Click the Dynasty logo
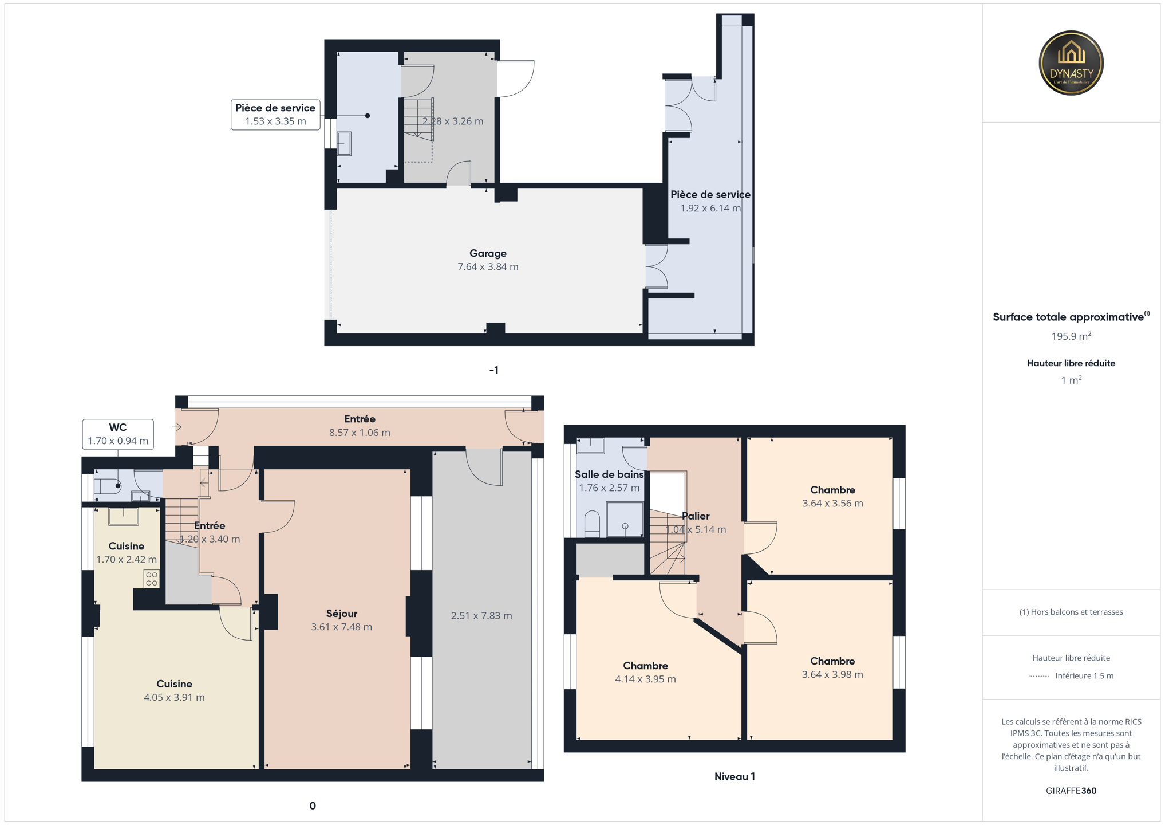click(1071, 63)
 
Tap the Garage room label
click(488, 253)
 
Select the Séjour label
click(342, 614)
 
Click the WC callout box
click(118, 434)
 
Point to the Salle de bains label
click(609, 474)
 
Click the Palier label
click(696, 516)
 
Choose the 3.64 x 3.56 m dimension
click(832, 504)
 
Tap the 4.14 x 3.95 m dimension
click(645, 679)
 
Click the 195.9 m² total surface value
click(1071, 336)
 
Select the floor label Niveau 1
click(734, 777)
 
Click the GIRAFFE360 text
click(1071, 791)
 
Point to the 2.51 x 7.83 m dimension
click(481, 616)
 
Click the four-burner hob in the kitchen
click(151, 579)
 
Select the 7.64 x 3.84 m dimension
click(488, 267)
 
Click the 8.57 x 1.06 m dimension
click(360, 433)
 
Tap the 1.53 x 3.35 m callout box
click(275, 115)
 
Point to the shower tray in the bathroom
click(625, 519)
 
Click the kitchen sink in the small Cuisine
click(124, 516)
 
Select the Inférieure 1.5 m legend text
click(1084, 676)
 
